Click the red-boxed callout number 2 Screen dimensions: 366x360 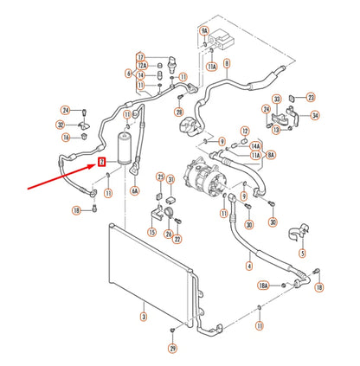coord(101,161)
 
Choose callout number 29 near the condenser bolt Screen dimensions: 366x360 coord(172,347)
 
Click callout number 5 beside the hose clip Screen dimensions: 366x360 coord(303,254)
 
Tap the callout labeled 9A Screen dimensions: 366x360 coord(205,30)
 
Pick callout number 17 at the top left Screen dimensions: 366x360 coord(141,56)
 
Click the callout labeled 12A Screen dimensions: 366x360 coord(141,66)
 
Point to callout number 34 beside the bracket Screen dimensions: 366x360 coord(315,115)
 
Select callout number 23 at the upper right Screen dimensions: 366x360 coord(312,97)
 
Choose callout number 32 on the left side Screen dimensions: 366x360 coord(61,125)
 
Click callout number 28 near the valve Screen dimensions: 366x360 coord(178,112)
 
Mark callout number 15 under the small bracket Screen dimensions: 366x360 coord(152,231)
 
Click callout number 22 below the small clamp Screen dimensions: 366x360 coord(177,239)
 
